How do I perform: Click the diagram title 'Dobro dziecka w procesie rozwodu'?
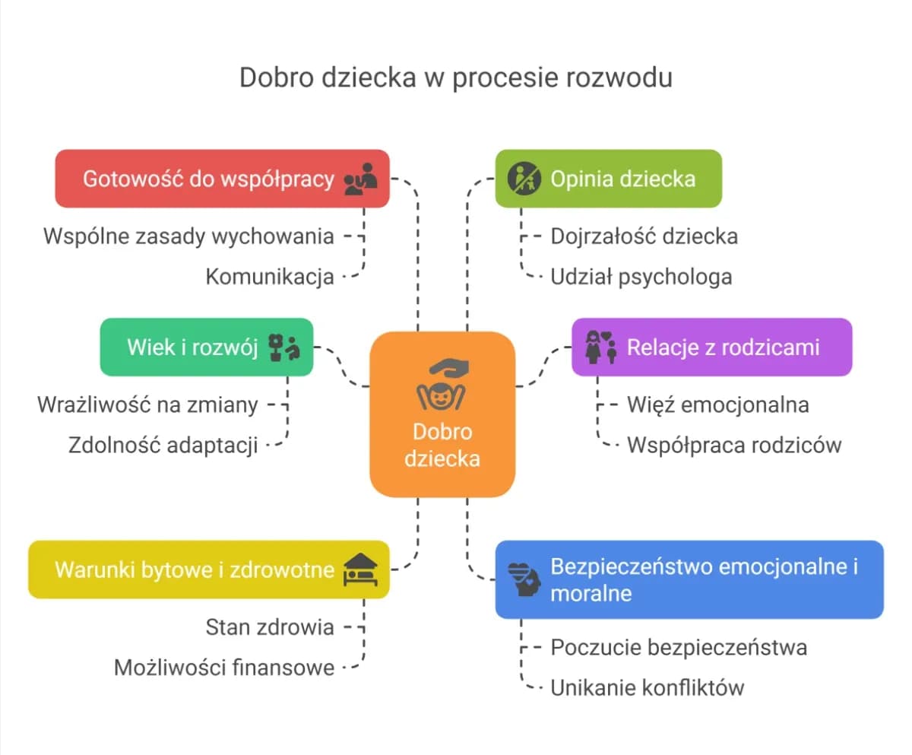455,78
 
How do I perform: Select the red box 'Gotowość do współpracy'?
222,179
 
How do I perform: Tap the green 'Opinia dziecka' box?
608,179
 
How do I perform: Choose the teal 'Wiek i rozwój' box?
206,347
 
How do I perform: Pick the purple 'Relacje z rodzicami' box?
711,347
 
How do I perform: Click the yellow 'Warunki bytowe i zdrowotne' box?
208,569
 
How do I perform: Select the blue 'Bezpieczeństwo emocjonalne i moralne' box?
689,579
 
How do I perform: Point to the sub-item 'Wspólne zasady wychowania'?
188,236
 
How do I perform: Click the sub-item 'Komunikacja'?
270,277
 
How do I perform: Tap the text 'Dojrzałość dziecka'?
644,236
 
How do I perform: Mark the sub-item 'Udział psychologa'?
641,276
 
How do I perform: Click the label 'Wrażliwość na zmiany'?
147,404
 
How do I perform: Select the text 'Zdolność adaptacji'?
163,445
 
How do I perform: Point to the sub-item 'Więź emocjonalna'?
717,404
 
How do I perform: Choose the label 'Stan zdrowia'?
270,627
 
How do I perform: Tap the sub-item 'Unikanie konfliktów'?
647,688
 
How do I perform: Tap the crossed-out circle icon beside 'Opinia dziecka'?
524,179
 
